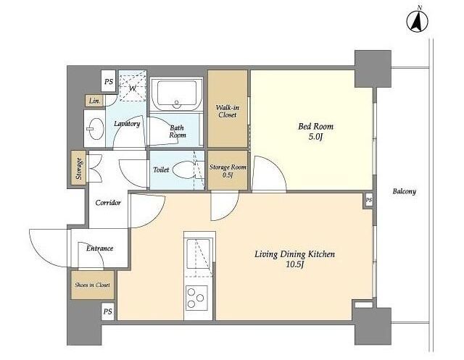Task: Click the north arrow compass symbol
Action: coord(418,21)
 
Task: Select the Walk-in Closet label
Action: coord(227,111)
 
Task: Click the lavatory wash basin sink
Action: coord(95,129)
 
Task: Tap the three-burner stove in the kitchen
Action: coord(196,298)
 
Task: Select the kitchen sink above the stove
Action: coord(198,254)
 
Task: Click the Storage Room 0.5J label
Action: coord(228,170)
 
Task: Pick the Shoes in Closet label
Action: coord(92,285)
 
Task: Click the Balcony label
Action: coord(405,191)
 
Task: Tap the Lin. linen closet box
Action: coord(94,101)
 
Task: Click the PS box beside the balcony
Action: coord(368,200)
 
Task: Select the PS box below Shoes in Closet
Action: coord(108,311)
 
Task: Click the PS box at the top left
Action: coord(109,81)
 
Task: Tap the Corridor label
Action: coord(108,203)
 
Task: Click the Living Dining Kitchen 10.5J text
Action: coord(295,259)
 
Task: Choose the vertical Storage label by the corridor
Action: coord(78,169)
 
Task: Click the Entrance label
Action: coord(100,248)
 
